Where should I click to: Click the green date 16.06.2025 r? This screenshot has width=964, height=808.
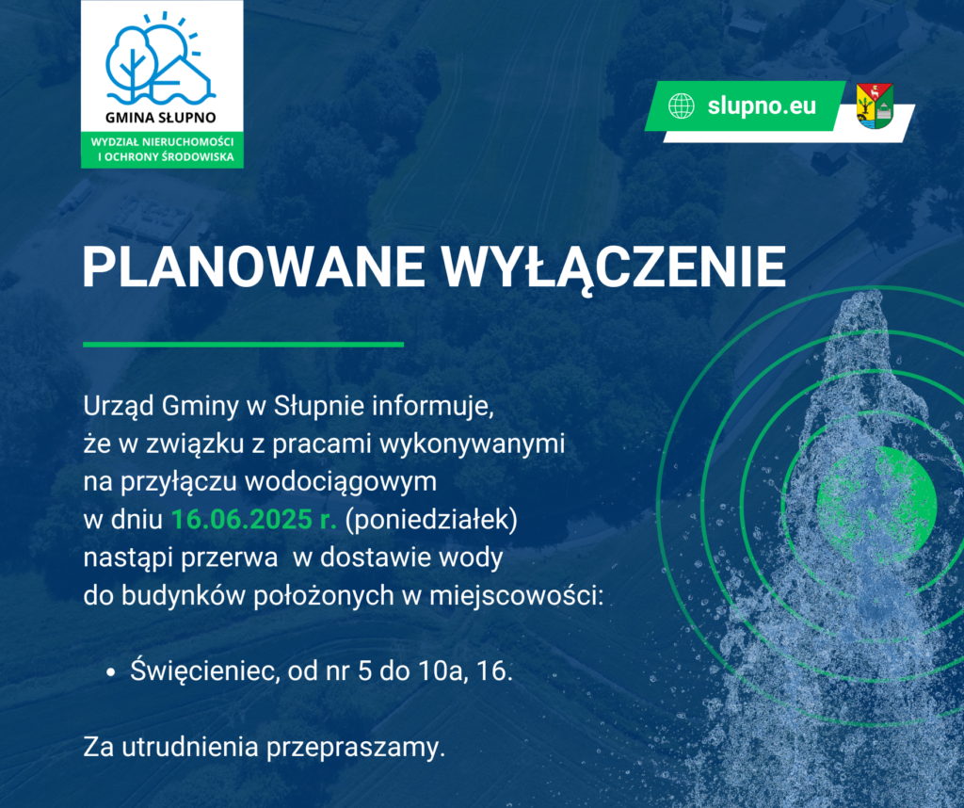pyautogui.click(x=253, y=520)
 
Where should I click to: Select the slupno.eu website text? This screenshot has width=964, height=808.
pyautogui.click(x=762, y=105)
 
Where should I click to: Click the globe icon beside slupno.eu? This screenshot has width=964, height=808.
pyautogui.click(x=682, y=105)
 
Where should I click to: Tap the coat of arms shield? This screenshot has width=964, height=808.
pyautogui.click(x=875, y=105)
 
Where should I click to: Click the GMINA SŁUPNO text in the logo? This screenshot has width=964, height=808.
pyautogui.click(x=161, y=117)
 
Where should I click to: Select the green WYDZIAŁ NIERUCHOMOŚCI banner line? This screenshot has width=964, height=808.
pyautogui.click(x=162, y=142)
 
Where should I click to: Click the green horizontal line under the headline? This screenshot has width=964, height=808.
pyautogui.click(x=244, y=345)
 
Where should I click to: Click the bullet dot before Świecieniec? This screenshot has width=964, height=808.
pyautogui.click(x=111, y=672)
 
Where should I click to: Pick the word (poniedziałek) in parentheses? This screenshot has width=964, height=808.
pyautogui.click(x=431, y=520)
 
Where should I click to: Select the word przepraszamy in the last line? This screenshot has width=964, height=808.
pyautogui.click(x=355, y=749)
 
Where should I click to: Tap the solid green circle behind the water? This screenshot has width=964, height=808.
pyautogui.click(x=877, y=499)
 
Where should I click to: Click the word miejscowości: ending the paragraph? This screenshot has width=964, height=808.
pyautogui.click(x=516, y=596)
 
